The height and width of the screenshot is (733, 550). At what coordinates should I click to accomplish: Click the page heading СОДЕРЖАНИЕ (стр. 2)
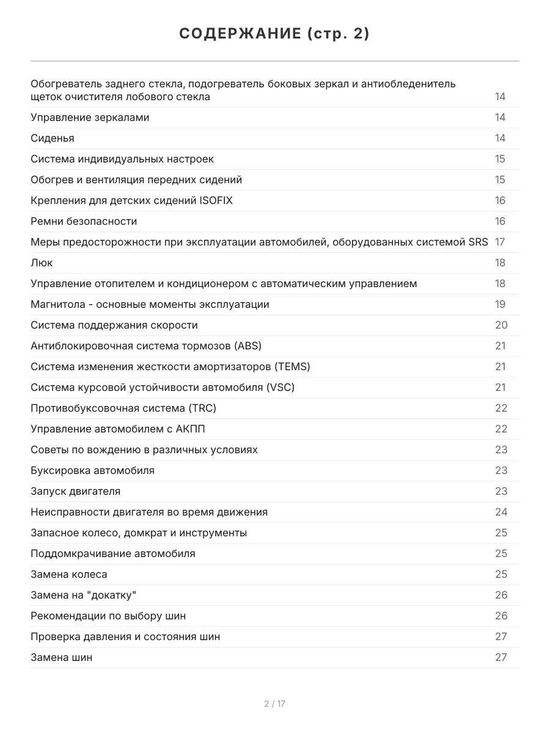[274, 34]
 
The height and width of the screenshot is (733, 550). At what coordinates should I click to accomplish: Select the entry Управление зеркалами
[90, 117]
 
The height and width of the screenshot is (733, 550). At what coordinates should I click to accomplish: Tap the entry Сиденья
[53, 138]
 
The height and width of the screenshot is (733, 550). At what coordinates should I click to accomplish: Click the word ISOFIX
[216, 200]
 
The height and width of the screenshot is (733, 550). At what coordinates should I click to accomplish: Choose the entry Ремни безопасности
[84, 221]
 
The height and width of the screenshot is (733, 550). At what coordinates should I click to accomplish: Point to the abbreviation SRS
[478, 242]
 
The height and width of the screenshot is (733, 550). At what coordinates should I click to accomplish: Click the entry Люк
[42, 263]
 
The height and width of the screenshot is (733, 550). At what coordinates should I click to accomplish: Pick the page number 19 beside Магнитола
[500, 304]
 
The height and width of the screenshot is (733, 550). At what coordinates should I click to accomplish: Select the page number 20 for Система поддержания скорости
[501, 325]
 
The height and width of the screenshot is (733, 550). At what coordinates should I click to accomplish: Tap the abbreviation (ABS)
[248, 346]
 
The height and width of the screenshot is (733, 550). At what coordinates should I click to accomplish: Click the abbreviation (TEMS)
[292, 366]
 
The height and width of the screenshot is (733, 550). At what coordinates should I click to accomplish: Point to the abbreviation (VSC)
[280, 387]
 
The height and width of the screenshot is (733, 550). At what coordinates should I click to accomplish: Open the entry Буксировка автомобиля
[92, 470]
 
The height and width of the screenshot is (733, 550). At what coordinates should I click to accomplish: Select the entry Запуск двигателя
[75, 491]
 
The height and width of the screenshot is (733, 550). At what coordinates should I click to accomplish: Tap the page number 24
[501, 512]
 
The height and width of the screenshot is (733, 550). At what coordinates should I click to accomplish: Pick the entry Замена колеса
[68, 574]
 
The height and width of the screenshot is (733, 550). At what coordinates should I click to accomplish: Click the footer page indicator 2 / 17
[274, 704]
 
